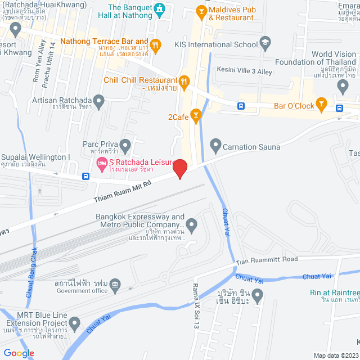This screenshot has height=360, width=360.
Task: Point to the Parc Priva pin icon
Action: point(125,146)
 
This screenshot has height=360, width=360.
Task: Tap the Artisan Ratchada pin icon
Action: point(99,102)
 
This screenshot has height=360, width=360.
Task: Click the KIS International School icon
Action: point(265,43)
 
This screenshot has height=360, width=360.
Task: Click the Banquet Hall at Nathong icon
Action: point(159,10)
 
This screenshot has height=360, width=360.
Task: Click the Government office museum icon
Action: point(115,285)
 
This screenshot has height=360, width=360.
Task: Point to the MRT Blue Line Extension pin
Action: point(75,323)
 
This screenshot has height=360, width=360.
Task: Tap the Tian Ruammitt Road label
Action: point(267,260)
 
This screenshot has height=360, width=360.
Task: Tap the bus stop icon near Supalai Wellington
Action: point(85,175)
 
